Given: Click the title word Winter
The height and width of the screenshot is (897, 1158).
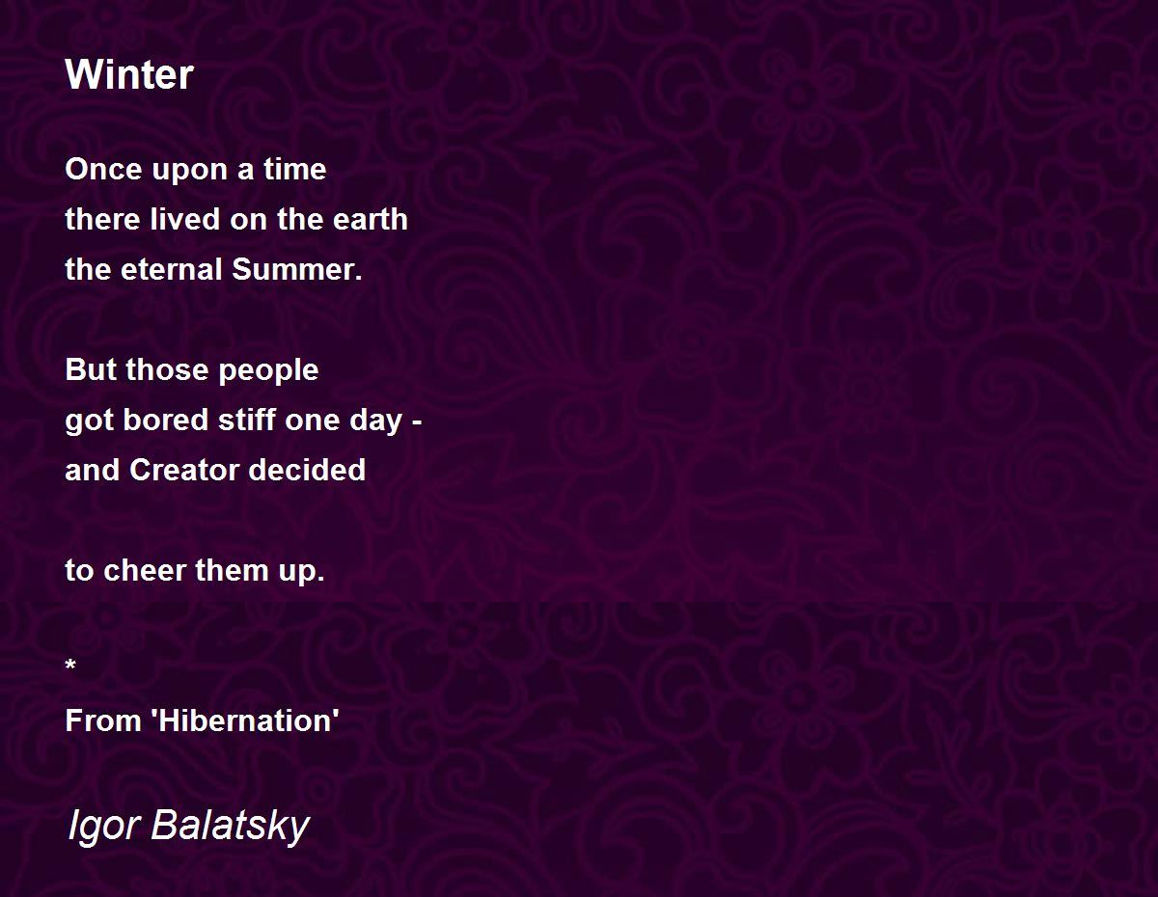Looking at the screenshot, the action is coord(129,74).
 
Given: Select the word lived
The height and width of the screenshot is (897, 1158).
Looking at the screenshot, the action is coord(185,219).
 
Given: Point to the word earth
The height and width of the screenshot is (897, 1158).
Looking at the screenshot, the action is coord(370,219).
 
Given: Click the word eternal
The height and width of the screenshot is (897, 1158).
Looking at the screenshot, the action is coord(171,269).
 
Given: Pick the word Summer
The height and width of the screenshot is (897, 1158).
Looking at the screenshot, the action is coord(297,269).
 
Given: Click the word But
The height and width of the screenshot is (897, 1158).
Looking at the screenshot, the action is coord(91,369).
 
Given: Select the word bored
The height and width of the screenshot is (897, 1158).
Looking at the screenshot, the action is coord(165,420).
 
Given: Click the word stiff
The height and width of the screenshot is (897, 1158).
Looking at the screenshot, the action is coord(247,420).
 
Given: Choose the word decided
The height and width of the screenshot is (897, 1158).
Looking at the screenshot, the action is coord(307,470).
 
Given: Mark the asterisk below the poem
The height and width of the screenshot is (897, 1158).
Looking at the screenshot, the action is coord(70,665).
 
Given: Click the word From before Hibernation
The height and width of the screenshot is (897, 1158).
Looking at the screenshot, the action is coord(103,720).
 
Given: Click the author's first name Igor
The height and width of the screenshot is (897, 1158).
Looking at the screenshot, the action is coord(104,828).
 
